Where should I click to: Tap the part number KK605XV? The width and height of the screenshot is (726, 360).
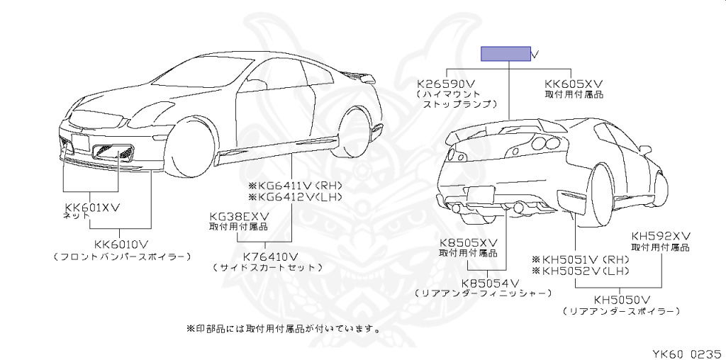click(x=573, y=83)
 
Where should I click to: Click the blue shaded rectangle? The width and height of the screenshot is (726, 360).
click(x=506, y=54)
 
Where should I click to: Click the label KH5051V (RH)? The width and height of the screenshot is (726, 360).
click(x=580, y=259)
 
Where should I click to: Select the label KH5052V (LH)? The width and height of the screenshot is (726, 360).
click(x=580, y=271)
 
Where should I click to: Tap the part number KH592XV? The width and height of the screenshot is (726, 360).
click(x=661, y=236)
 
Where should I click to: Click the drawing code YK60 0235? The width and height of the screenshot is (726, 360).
click(x=686, y=350)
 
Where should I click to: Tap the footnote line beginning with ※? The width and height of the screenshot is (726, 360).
click(x=284, y=329)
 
